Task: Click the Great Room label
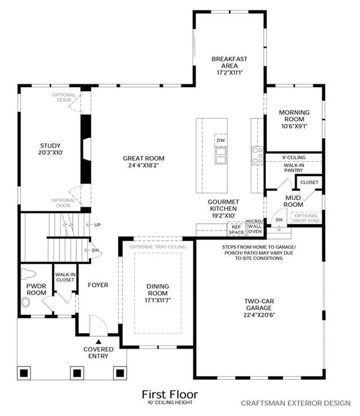coord(144,158)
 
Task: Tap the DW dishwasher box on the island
coord(220,140)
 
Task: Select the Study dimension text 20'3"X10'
coord(50,153)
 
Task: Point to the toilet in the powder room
coord(28,274)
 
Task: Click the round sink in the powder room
coord(25,303)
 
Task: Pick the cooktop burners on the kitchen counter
coord(257,155)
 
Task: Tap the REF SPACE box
coord(236,229)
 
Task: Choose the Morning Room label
coord(294,116)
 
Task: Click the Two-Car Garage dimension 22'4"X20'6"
coord(259,315)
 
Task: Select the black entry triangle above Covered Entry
coord(99,342)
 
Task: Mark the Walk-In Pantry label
coord(294,167)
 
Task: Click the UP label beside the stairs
coord(97,225)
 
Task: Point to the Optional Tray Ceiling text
coord(158,247)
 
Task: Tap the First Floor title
coord(170,395)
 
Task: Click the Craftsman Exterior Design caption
coord(296,403)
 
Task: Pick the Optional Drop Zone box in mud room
coord(306,218)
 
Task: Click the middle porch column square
coord(77,373)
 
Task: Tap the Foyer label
coord(98,285)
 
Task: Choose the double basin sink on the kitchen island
coord(221,156)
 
